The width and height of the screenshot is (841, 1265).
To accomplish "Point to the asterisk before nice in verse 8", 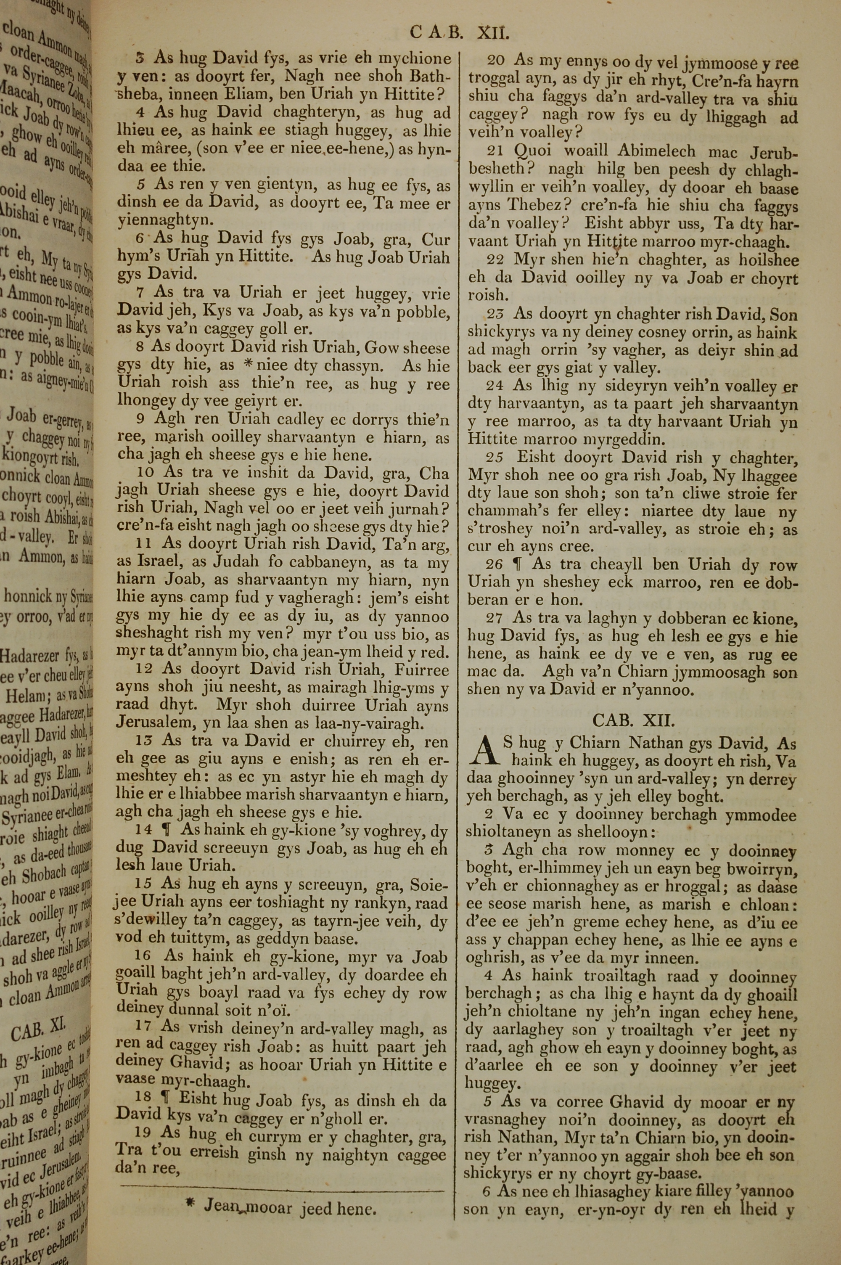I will [248, 366].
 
